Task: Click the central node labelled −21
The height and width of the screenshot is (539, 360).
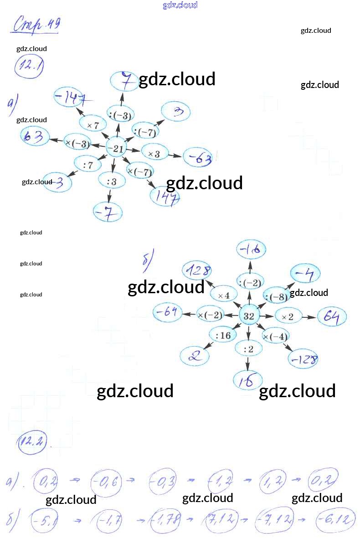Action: pyautogui.click(x=117, y=148)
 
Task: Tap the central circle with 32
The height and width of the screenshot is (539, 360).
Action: pyautogui.click(x=249, y=316)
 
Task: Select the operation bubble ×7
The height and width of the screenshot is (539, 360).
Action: pyautogui.click(x=93, y=124)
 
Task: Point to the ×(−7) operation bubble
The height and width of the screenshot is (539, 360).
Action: pyautogui.click(x=139, y=172)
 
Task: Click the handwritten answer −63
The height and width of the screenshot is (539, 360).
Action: pyautogui.click(x=200, y=158)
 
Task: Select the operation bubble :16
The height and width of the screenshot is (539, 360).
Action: pyautogui.click(x=223, y=336)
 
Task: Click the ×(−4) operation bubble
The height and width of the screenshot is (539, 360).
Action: pyautogui.click(x=276, y=337)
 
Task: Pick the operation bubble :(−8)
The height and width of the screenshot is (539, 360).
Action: pyautogui.click(x=276, y=297)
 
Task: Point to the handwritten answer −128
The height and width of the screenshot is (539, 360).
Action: pyautogui.click(x=303, y=360)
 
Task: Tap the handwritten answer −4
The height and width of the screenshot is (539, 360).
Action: pyautogui.click(x=305, y=274)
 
